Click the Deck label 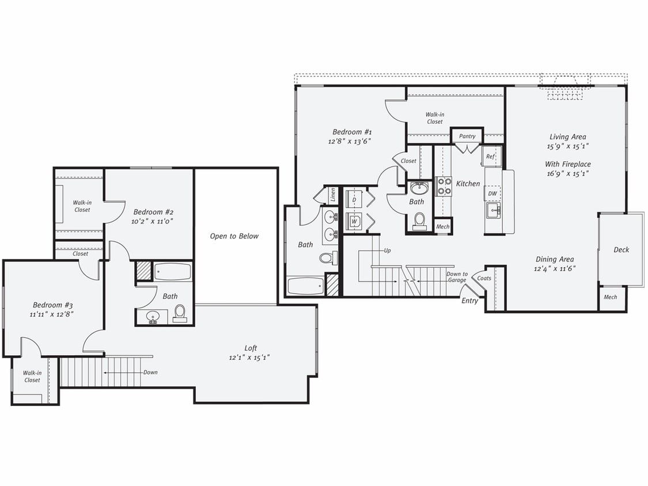[x=621, y=250]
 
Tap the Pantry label [x=467, y=136]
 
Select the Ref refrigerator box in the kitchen [x=491, y=156]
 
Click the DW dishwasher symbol [x=492, y=194]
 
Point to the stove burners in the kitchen [x=444, y=187]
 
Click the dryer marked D [x=354, y=199]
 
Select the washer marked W [x=354, y=221]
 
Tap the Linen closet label [x=333, y=195]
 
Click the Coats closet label [x=484, y=278]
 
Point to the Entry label [x=469, y=301]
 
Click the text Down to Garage [x=457, y=277]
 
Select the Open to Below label [x=234, y=236]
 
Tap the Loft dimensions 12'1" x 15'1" [x=249, y=358]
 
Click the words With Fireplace [x=568, y=164]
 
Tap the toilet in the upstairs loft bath [x=180, y=313]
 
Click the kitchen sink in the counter [x=493, y=211]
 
